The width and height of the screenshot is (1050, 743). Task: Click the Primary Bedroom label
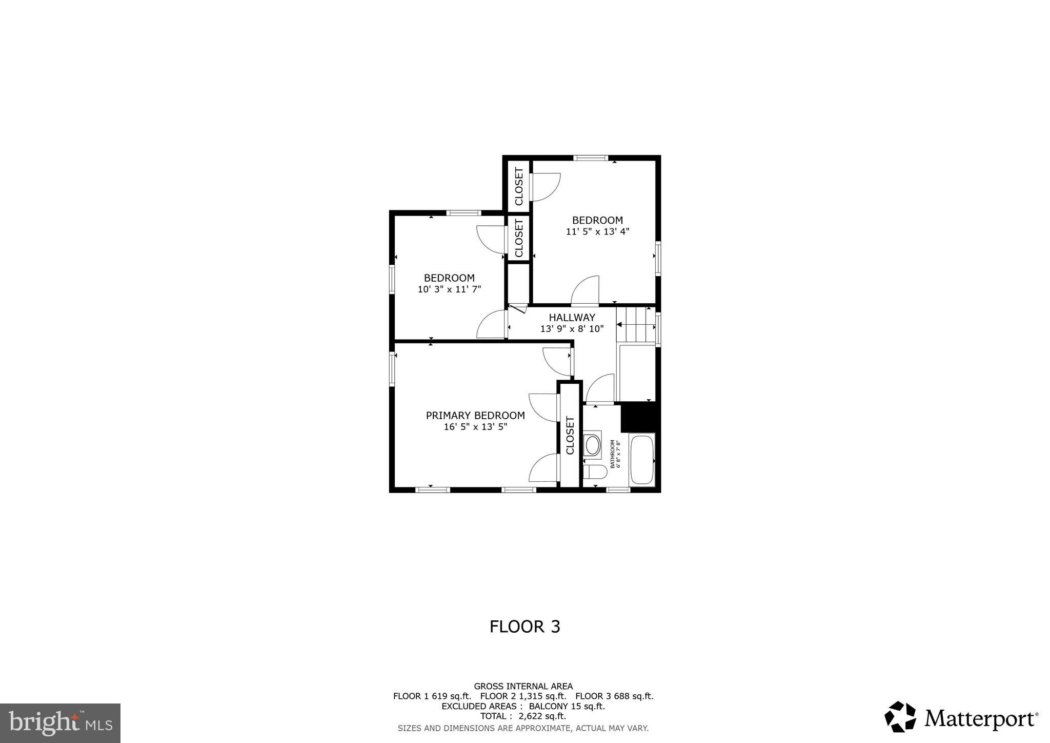tap(475, 416)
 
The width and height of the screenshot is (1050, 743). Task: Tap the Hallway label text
tap(572, 318)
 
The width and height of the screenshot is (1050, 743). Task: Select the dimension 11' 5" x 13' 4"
tap(597, 231)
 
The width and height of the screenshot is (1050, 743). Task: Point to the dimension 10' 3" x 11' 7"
tap(449, 289)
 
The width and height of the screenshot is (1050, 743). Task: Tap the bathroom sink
tap(593, 445)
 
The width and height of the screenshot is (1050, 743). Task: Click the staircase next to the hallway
tap(636, 325)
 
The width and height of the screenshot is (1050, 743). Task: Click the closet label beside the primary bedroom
tap(570, 435)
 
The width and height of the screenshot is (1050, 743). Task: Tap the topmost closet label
tap(519, 186)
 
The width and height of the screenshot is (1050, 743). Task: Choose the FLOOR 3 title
tap(524, 627)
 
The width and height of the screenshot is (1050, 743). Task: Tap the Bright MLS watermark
tap(60, 723)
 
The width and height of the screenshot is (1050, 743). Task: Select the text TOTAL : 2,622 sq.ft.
tap(523, 716)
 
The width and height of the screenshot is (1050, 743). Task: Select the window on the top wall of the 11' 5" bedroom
tap(591, 158)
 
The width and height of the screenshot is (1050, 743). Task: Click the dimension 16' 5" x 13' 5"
tap(475, 427)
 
